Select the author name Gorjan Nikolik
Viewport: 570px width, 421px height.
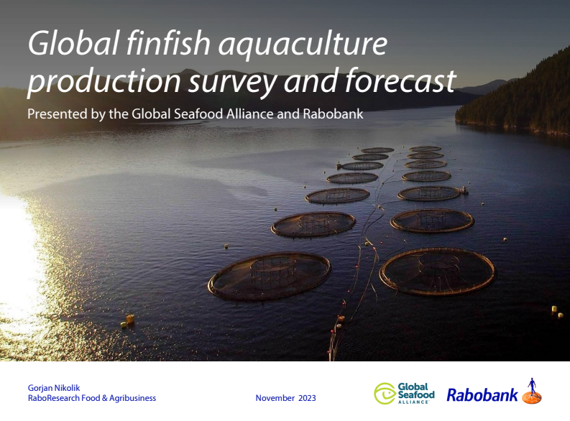coord(54,388)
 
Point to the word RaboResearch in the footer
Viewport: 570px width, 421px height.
coord(54,398)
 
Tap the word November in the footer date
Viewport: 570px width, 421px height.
coord(275,398)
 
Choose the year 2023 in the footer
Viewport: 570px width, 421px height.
coord(305,398)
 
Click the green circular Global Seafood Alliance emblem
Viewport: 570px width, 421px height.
coord(385,393)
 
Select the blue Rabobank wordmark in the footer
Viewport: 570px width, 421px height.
coord(482,394)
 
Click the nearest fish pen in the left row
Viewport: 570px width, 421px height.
coord(270,275)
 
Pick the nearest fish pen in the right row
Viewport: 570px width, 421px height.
coord(437,271)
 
